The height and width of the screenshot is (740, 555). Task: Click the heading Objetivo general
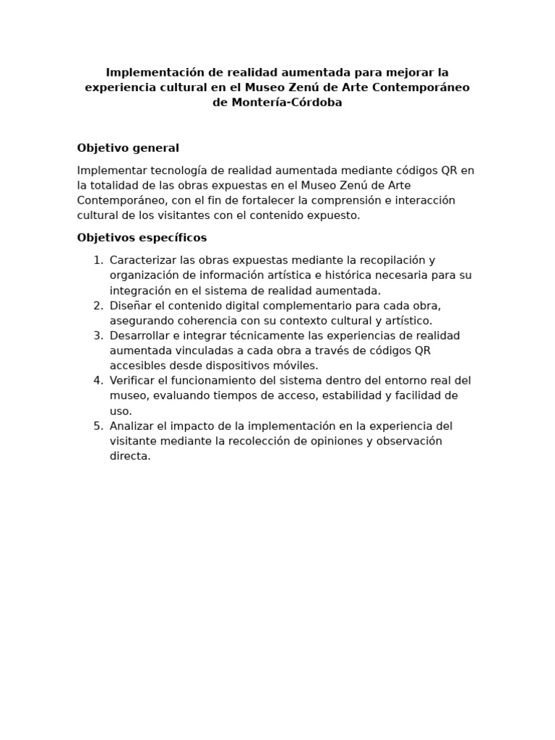tap(128, 148)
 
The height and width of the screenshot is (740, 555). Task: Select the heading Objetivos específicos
tap(142, 238)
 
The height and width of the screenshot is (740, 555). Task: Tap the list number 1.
tap(98, 260)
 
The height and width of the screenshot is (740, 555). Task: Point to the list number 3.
tap(98, 335)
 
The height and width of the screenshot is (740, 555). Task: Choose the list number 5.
tap(98, 426)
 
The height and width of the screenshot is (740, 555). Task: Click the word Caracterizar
tap(142, 260)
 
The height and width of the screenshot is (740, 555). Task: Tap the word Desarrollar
tap(139, 335)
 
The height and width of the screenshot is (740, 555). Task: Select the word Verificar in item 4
tap(132, 380)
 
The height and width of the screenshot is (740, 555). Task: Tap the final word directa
tap(129, 456)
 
